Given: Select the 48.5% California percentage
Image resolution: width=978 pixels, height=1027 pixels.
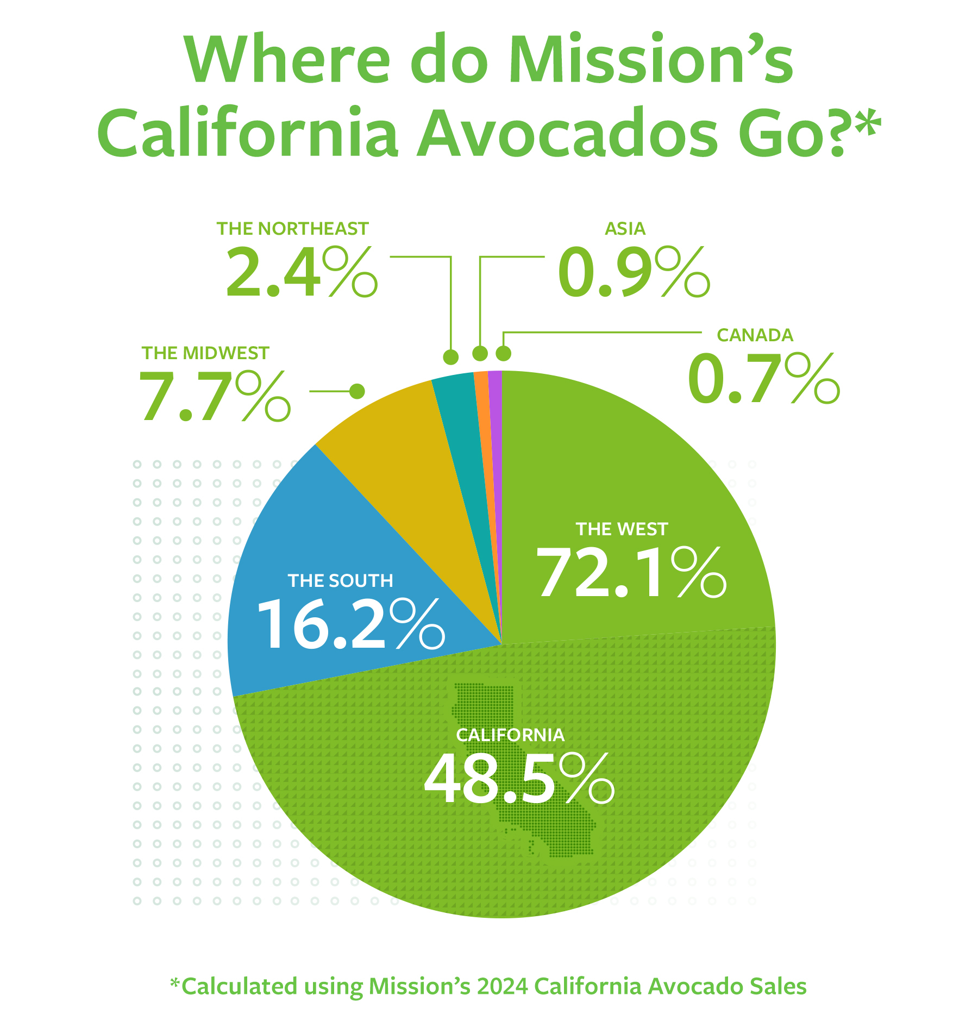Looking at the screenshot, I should click(x=519, y=779).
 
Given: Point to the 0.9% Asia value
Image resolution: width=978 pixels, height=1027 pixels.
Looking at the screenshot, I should click(x=634, y=272).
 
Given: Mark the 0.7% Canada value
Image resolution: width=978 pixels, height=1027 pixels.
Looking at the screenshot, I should click(x=763, y=378).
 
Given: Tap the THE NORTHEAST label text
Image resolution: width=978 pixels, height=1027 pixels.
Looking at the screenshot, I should click(x=292, y=229).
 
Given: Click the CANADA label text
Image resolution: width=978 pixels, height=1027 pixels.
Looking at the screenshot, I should click(x=755, y=335).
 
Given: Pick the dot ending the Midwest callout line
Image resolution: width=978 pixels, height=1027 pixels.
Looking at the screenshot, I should click(x=357, y=391).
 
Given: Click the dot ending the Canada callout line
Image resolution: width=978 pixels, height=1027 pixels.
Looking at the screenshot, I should click(x=503, y=354).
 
